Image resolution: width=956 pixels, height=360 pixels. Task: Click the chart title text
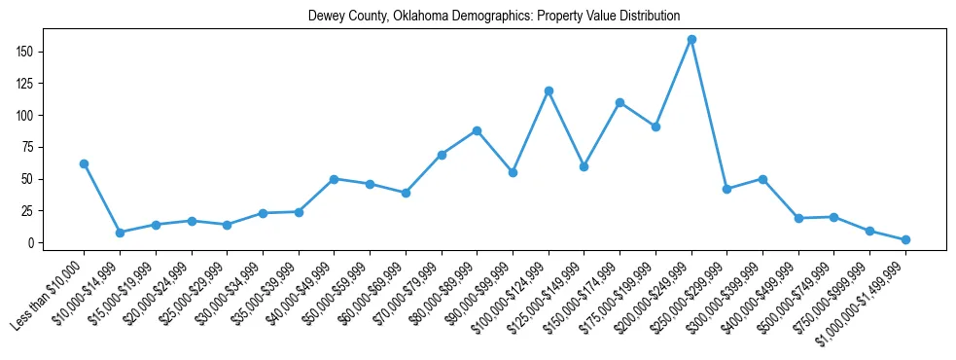click(493, 17)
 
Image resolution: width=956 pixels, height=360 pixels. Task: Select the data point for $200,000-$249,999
click(691, 40)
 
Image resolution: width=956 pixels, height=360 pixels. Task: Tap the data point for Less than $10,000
click(85, 163)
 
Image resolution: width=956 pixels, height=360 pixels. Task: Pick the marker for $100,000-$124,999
click(549, 90)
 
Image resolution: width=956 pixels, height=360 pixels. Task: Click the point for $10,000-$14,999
click(120, 233)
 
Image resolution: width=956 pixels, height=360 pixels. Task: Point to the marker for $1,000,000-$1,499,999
click(905, 239)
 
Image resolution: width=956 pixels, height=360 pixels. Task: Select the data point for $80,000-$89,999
click(477, 130)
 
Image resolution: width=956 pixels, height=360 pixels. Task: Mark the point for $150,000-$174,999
click(620, 102)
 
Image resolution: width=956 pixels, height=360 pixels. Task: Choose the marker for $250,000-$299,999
click(726, 189)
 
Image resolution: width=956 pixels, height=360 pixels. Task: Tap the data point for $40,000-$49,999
click(334, 179)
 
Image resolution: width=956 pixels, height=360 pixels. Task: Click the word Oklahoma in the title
click(432, 17)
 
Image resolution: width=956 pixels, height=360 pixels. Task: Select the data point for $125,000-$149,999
click(584, 166)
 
